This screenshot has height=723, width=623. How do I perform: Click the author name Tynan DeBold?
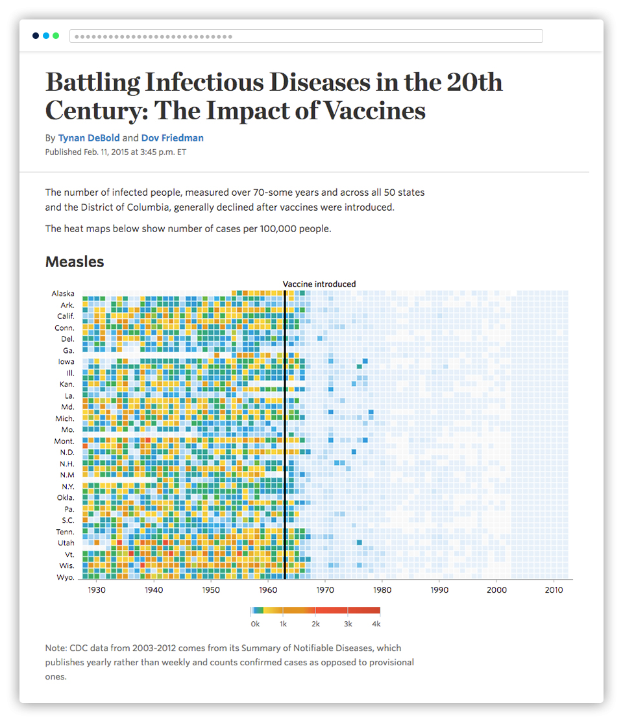click(89, 138)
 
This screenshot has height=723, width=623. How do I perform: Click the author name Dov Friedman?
click(172, 138)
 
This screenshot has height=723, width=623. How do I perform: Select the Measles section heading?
click(75, 262)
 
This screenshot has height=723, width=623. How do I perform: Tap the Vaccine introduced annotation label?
click(319, 284)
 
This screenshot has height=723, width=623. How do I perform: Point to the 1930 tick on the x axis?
click(97, 590)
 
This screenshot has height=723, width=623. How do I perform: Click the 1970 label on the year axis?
click(325, 590)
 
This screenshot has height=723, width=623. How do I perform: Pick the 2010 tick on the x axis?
click(554, 590)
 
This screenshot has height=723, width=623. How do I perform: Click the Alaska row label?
click(63, 294)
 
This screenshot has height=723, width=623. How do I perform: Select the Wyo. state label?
click(66, 577)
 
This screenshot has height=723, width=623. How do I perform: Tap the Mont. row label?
click(64, 441)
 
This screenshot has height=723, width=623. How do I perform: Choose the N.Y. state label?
click(67, 486)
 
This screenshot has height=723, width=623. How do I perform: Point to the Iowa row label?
click(66, 362)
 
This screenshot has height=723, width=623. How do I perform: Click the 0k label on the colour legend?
click(255, 623)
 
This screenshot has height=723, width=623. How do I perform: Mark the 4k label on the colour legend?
click(376, 623)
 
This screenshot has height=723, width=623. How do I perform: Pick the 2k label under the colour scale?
click(315, 623)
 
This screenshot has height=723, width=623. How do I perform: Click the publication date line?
click(116, 152)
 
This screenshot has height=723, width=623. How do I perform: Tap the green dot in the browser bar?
click(56, 36)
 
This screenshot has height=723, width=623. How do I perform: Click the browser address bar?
click(306, 36)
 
